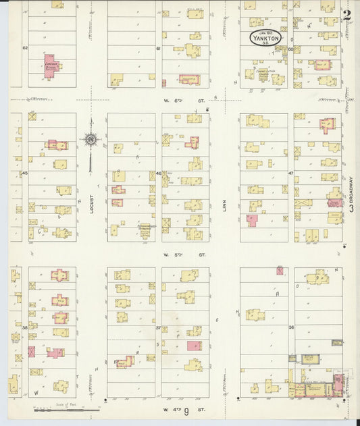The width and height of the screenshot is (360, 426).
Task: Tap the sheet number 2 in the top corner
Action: [x=346, y=16]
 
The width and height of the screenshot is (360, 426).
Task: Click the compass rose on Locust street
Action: [x=91, y=140]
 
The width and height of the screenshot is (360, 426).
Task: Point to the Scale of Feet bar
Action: [x=68, y=408]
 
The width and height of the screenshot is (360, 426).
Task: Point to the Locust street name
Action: [x=91, y=204]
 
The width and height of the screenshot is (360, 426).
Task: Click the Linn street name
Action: [x=225, y=205]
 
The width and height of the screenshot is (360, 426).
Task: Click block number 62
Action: [x=25, y=48]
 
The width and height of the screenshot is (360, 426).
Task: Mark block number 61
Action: [x=158, y=49]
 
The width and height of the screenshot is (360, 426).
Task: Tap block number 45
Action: [x=24, y=174]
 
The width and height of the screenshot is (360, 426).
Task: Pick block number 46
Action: [x=158, y=174]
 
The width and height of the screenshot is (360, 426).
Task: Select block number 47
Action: [x=290, y=174]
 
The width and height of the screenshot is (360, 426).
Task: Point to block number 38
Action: [x=24, y=327]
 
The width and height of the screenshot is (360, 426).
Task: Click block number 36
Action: [x=290, y=327]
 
